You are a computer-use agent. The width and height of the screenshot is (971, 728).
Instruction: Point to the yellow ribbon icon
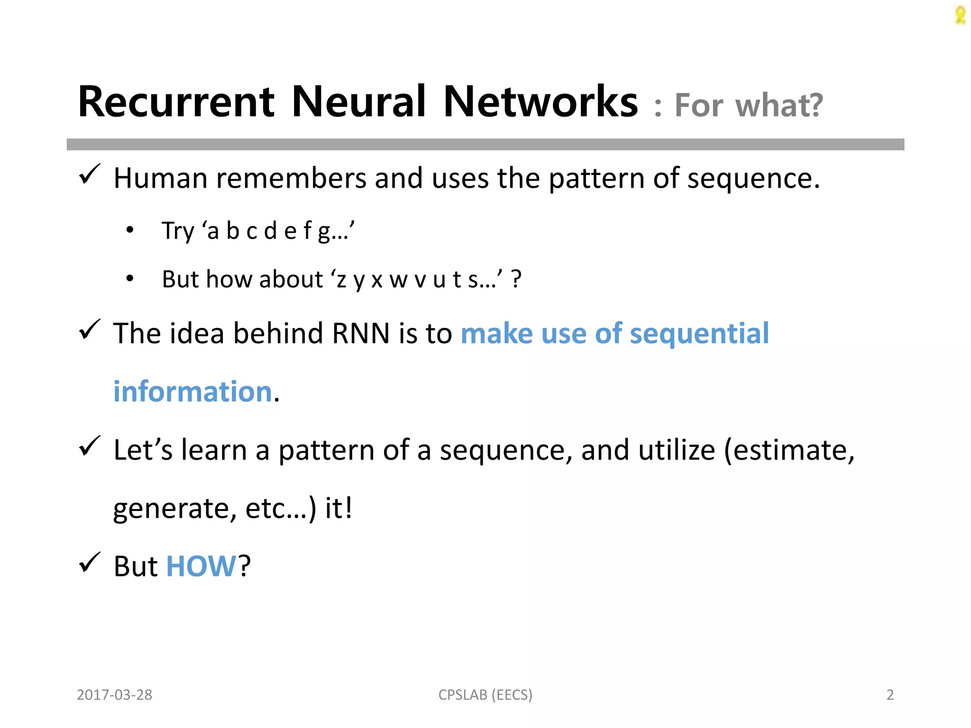960,15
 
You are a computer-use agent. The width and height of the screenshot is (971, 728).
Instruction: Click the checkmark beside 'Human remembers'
89,174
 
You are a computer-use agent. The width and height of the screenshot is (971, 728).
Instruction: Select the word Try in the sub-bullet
178,231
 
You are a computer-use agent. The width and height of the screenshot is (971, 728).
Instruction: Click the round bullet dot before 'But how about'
130,279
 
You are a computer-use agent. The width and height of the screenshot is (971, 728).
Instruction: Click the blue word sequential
699,333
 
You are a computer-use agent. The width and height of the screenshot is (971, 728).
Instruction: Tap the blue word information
192,391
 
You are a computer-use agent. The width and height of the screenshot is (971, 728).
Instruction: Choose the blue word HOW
201,566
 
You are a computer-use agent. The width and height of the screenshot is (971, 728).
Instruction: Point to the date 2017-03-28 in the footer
114,695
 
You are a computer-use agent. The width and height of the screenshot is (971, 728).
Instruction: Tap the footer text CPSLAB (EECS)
485,695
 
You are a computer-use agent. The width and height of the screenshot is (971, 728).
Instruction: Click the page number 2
890,695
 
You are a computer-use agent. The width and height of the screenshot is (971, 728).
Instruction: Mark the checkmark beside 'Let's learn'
89,446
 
